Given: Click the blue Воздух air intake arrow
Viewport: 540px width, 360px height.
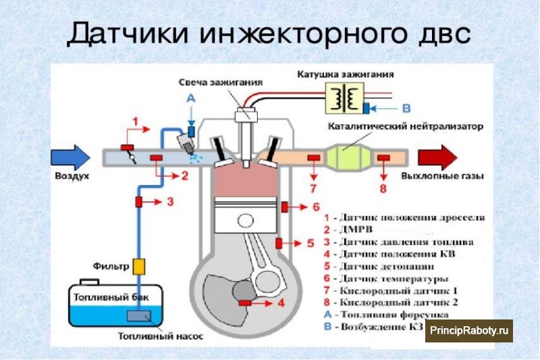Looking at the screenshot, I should point(69,157).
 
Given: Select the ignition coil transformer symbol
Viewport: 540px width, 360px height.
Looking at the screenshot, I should point(344,98).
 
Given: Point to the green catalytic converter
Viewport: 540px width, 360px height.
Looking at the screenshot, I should point(348,157).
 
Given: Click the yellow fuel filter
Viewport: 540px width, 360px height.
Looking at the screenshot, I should point(139,266).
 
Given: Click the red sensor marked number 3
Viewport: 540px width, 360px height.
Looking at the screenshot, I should point(140,201).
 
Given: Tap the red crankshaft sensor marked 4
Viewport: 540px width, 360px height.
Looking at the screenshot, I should point(244,302).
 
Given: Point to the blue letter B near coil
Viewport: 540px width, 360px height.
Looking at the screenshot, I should point(406,107).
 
